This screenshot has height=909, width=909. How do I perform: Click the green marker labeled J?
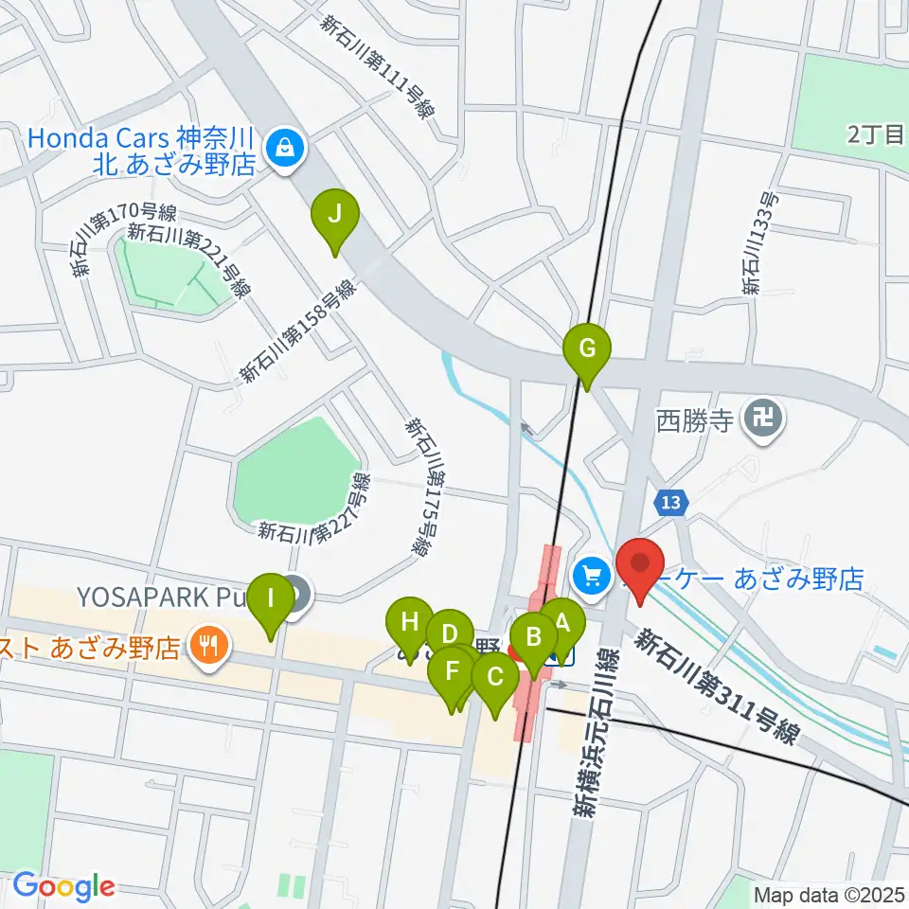click(x=334, y=215)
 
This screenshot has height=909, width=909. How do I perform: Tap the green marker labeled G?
click(x=587, y=349)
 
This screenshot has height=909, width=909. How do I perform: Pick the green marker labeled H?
click(x=410, y=624)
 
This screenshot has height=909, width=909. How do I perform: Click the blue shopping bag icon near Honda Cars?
click(x=282, y=147)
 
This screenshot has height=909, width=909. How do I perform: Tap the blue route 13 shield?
click(x=671, y=499)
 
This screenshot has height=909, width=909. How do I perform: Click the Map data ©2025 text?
click(x=829, y=893)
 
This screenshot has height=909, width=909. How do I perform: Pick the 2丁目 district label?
click(x=876, y=135)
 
